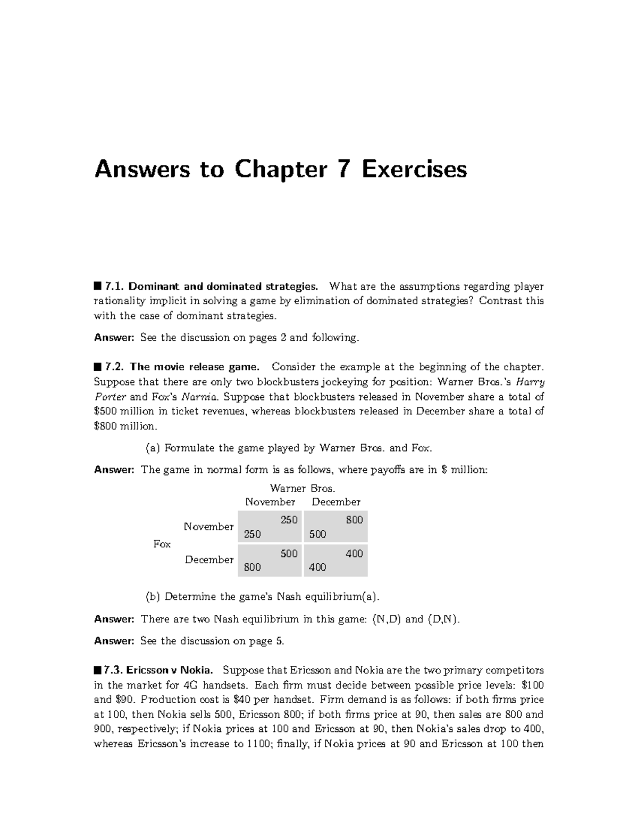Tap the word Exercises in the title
415,170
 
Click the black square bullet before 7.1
97,286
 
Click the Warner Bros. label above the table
303,488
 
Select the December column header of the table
336,502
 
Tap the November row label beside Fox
208,527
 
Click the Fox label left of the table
162,544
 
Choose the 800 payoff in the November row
354,520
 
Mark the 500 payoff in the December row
289,554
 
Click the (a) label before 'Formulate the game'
153,448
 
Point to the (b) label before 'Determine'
153,596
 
